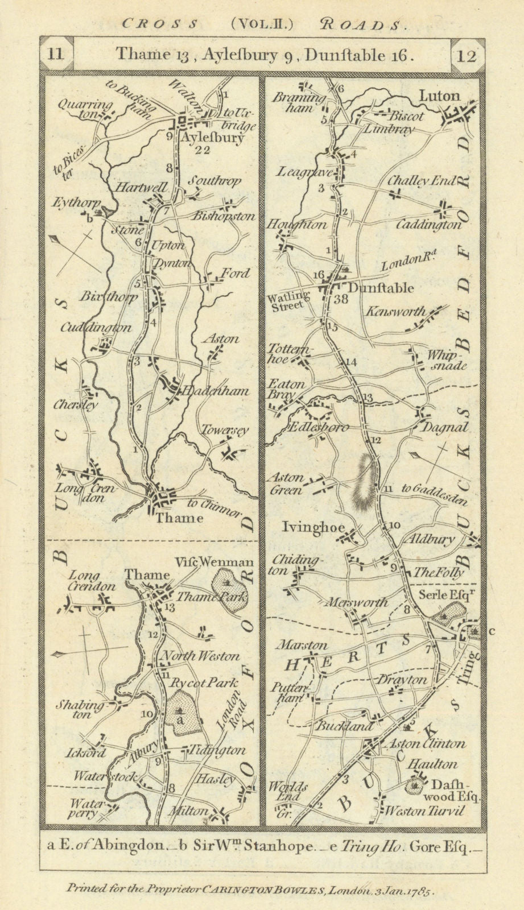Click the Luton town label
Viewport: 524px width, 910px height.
439,96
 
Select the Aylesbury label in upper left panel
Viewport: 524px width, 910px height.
213,137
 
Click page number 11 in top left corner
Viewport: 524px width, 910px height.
56,55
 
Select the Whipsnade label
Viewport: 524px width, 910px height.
447,360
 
